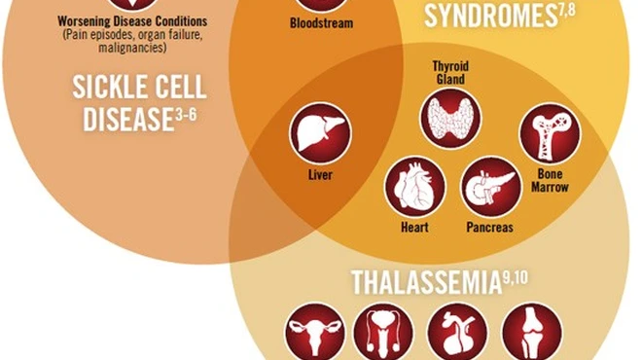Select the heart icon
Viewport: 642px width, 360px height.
415,187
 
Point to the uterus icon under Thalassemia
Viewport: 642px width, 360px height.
314,333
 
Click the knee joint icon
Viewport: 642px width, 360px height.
531,333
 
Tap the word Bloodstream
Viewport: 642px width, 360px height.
321,21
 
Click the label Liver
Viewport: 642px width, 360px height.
320,175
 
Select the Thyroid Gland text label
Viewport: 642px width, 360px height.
449,74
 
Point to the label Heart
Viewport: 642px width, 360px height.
415,229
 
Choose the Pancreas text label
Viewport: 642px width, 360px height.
489,229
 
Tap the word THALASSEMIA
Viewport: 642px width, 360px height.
425,283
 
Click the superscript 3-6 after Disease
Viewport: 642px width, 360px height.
193,115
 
